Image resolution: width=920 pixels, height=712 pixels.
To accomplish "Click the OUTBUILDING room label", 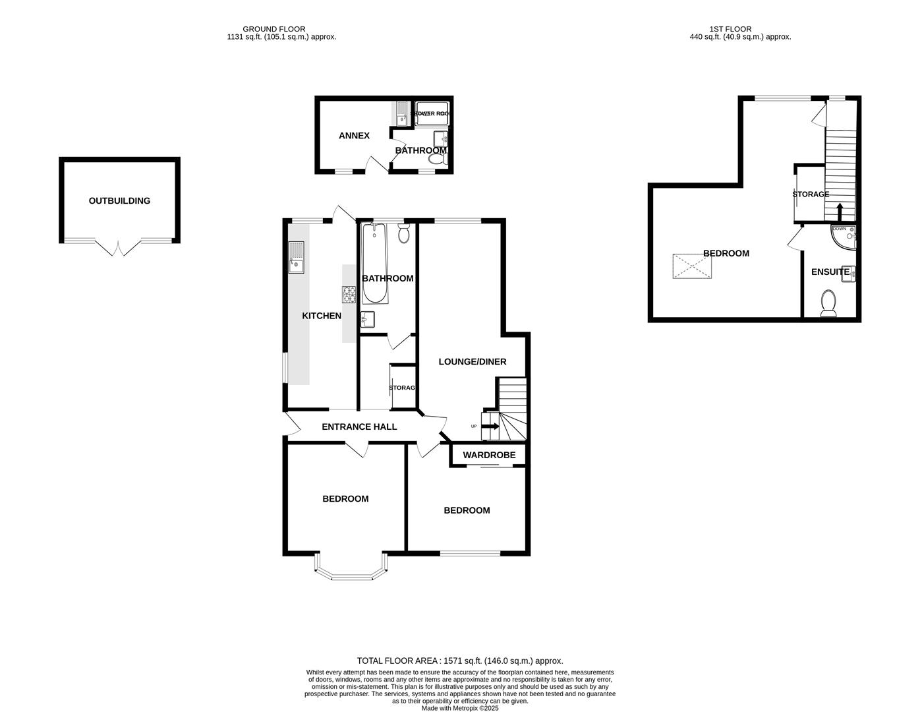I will pyautogui.click(x=119, y=201).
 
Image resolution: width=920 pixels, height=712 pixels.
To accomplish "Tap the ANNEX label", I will pyautogui.click(x=354, y=136).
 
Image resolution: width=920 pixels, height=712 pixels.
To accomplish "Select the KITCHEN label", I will pyautogui.click(x=322, y=316).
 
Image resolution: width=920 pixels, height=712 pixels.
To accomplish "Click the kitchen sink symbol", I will pyautogui.click(x=296, y=258).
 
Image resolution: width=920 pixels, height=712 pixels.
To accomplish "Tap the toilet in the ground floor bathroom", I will pyautogui.click(x=405, y=233).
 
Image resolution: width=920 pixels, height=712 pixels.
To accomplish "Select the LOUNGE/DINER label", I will pyautogui.click(x=473, y=362).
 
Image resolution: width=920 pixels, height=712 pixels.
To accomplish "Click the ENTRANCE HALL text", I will pyautogui.click(x=359, y=427).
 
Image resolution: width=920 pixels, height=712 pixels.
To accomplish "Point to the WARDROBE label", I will pyautogui.click(x=489, y=455).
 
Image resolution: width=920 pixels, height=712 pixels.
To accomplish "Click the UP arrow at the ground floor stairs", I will pyautogui.click(x=490, y=427).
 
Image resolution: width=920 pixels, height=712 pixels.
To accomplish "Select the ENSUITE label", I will pyautogui.click(x=830, y=272).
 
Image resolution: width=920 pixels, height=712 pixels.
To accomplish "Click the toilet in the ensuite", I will pyautogui.click(x=828, y=304).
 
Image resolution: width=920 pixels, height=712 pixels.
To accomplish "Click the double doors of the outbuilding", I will pyautogui.click(x=119, y=248).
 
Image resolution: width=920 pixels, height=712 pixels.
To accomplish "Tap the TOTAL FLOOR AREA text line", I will pyautogui.click(x=460, y=661).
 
